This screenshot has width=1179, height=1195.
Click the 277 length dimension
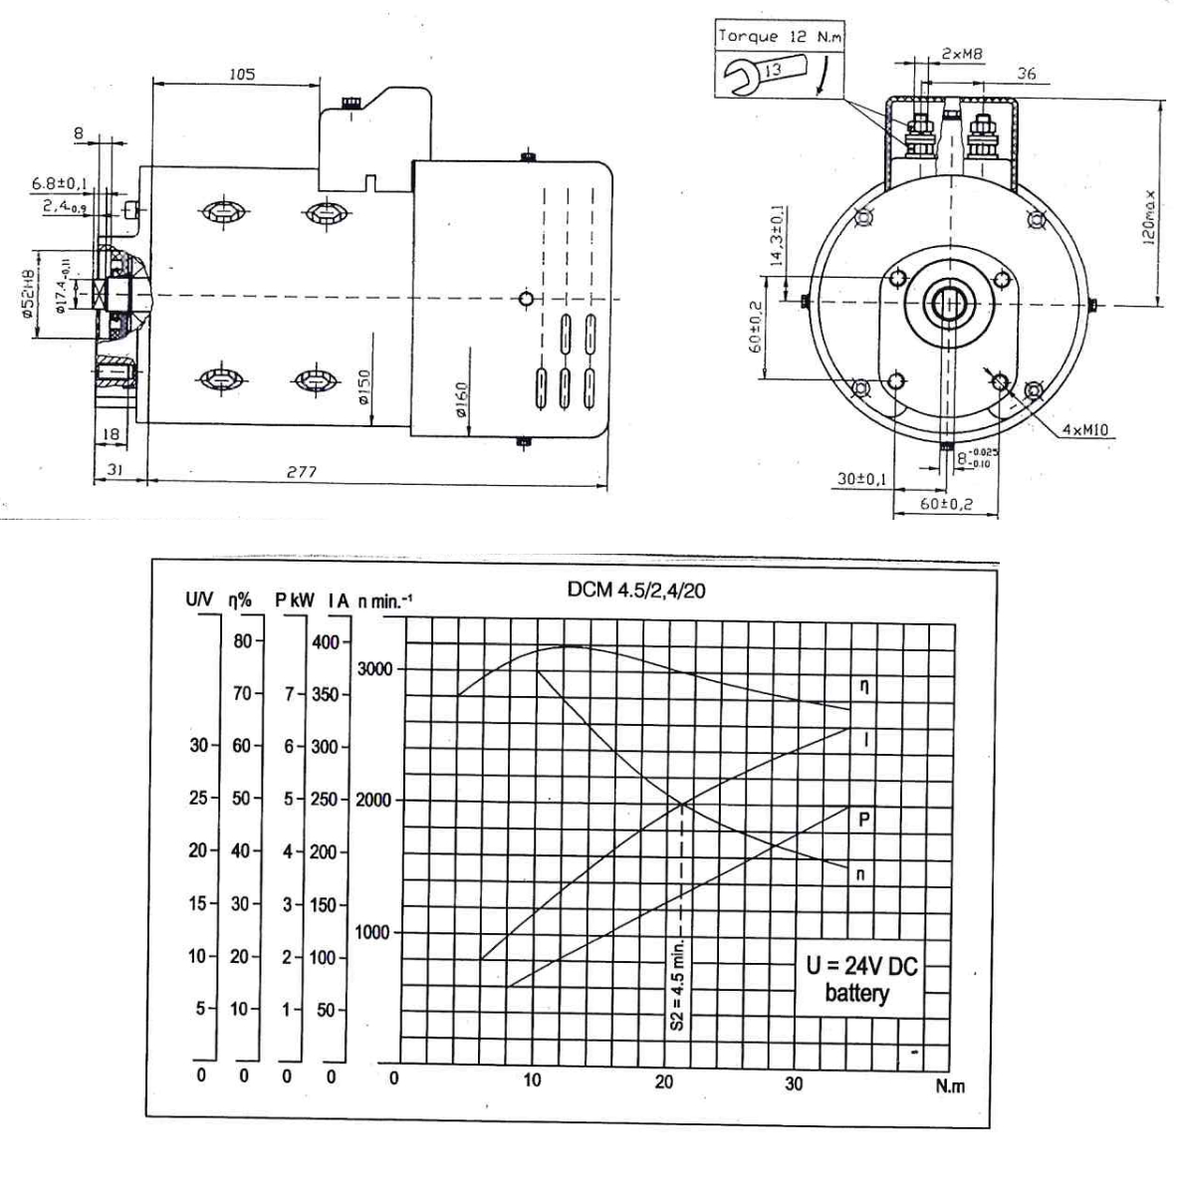tap(301, 472)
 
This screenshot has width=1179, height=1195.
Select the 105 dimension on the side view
tap(241, 74)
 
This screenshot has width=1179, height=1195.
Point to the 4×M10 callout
tap(1086, 430)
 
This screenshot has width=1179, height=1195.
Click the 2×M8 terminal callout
tap(956, 52)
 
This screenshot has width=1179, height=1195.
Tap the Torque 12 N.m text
tap(778, 36)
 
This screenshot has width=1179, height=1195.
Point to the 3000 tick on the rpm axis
tap(374, 668)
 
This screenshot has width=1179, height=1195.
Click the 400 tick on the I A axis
tap(325, 641)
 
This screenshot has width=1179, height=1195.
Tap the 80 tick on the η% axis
tap(243, 641)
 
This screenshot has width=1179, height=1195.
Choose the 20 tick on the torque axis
tap(664, 1082)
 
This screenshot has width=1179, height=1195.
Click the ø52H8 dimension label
tap(30, 294)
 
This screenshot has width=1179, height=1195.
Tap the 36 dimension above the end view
tap(1027, 74)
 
